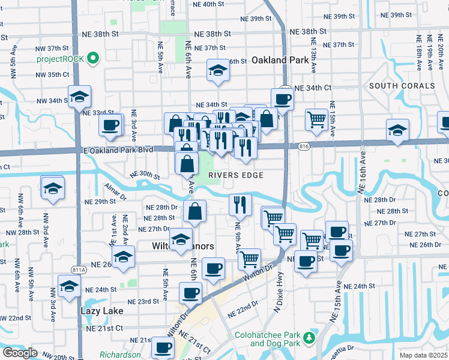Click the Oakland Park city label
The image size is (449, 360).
[x=276, y=60]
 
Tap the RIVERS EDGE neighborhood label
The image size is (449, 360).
[x=237, y=175]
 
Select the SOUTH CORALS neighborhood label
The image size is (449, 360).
[x=402, y=86]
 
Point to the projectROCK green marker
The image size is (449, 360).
[x=92, y=59]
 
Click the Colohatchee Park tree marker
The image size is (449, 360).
[x=310, y=338]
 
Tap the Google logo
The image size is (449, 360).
[x=20, y=352]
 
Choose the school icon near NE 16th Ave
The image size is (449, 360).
[x=397, y=130]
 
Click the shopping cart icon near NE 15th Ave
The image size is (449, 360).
[x=316, y=118]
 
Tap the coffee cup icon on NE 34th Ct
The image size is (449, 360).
[x=282, y=99]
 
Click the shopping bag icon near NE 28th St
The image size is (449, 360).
[x=195, y=211]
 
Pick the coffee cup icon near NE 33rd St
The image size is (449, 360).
[x=110, y=125]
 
